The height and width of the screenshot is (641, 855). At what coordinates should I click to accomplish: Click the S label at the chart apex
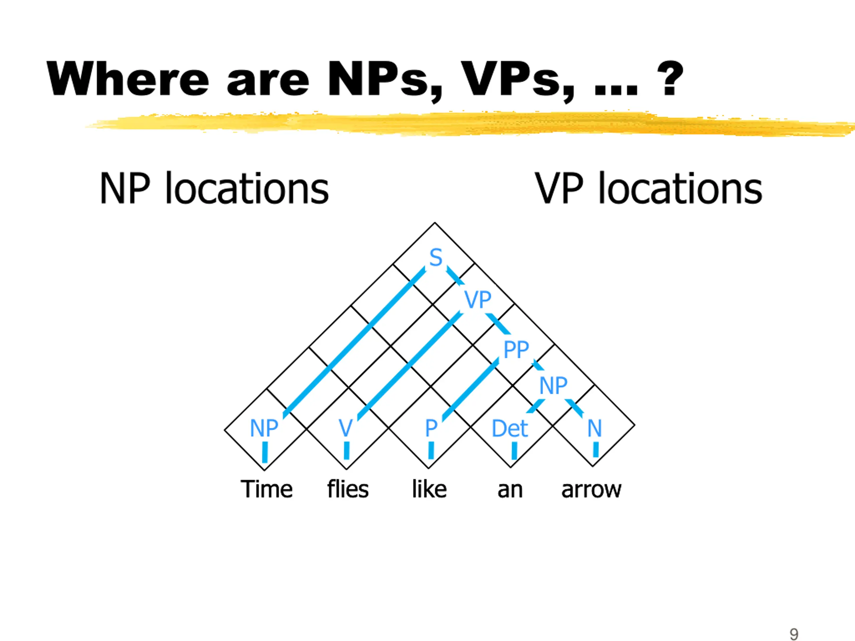pos(436,257)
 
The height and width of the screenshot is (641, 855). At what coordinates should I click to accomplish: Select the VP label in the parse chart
pos(478,299)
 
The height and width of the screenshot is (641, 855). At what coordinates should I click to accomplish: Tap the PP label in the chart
pos(516,350)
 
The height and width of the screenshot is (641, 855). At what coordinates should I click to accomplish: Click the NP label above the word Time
pos(264,428)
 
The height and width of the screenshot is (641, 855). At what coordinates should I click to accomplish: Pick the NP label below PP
pos(553,385)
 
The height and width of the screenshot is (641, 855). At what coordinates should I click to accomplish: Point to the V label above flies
pos(346,428)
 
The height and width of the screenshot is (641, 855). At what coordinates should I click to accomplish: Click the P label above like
pos(431,428)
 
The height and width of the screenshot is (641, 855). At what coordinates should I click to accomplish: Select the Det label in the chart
pos(509,428)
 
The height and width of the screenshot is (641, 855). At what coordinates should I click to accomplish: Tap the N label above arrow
pos(594,428)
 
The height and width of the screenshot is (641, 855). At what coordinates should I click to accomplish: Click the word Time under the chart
pos(266,489)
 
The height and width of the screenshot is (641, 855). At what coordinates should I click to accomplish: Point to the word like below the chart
pos(429,489)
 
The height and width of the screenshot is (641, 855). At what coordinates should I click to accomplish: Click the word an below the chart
pos(510,490)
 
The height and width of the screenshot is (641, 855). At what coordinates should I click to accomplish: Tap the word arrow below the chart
pos(591,490)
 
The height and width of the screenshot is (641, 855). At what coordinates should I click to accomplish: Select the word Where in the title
pos(128,79)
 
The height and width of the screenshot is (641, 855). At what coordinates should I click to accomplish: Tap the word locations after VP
pos(680,189)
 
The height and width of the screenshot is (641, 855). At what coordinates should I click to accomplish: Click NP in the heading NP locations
pos(125,189)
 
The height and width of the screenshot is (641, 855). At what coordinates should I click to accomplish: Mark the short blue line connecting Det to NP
pos(536,406)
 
